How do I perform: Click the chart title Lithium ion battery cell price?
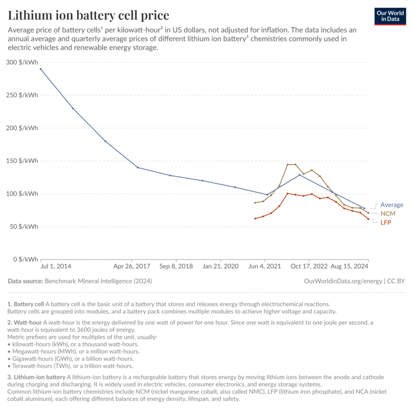point(89,15)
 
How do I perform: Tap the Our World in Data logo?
point(390,15)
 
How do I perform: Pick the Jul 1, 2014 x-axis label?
point(56,266)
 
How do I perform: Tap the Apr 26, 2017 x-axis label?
point(132,266)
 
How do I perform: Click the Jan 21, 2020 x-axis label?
point(221,266)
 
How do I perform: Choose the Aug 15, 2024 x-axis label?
point(350,266)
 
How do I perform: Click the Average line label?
point(392,205)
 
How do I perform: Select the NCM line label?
point(388,213)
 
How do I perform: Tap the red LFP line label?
point(386,222)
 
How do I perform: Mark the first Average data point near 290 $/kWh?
point(40,69)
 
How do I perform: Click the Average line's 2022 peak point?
point(300,175)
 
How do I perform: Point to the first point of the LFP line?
point(255,218)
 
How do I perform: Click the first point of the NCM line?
point(255,203)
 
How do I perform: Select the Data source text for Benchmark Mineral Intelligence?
point(80,281)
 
